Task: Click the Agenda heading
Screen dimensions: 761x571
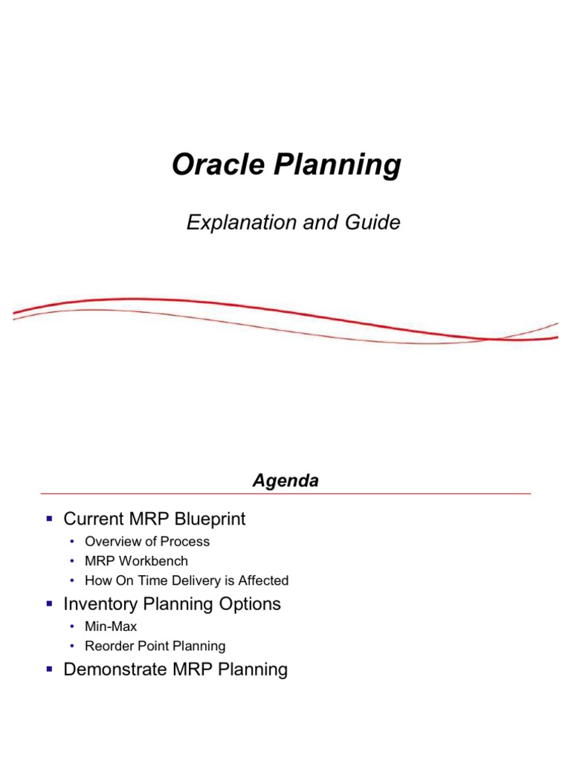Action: (x=285, y=481)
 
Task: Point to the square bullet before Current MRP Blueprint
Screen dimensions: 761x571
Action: (x=49, y=518)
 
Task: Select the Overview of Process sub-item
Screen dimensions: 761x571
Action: (x=147, y=542)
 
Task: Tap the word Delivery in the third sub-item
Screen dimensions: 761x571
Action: (x=191, y=580)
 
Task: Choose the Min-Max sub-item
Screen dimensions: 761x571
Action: (x=111, y=626)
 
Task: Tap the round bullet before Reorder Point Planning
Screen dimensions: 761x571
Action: (x=73, y=646)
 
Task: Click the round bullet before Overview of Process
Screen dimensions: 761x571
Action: (x=73, y=542)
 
